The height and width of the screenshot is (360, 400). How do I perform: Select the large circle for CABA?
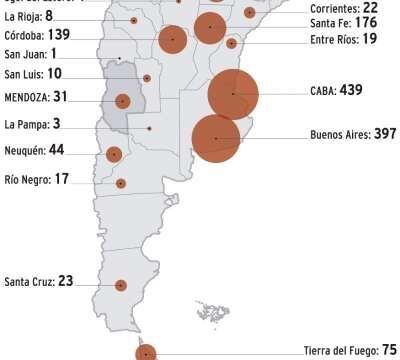click(x=233, y=94)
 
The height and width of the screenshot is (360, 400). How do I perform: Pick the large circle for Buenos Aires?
click(x=215, y=138)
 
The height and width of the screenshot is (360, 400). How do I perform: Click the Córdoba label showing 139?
click(x=42, y=34)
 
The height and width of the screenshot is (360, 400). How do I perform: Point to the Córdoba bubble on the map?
click(x=173, y=39)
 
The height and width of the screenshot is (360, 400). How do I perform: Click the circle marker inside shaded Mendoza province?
click(x=123, y=100)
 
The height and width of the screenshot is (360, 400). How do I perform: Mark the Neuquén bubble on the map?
click(x=114, y=154)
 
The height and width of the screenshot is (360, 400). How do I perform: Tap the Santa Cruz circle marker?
click(x=121, y=285)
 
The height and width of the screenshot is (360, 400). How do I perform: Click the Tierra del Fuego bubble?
click(x=146, y=352)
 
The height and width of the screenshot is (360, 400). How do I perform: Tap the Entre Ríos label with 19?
click(x=342, y=38)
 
